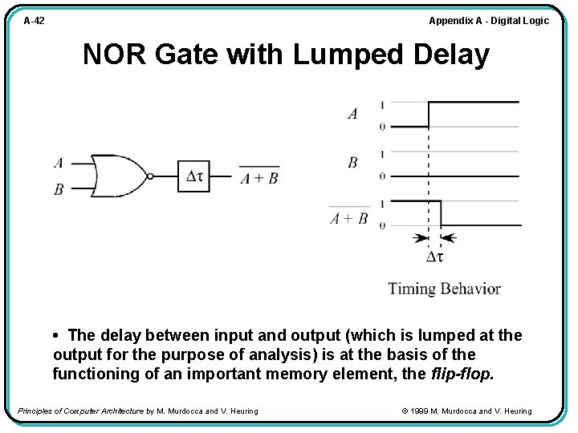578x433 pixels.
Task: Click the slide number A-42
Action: click(x=34, y=21)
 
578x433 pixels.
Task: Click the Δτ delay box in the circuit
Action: click(x=193, y=175)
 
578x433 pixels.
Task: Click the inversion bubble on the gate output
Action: click(x=149, y=176)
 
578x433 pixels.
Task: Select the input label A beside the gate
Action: click(x=59, y=163)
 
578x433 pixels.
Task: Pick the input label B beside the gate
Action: click(x=59, y=189)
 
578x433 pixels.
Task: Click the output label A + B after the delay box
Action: click(x=259, y=178)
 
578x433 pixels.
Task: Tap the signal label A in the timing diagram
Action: click(x=352, y=114)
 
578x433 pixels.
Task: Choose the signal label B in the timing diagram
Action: click(x=352, y=163)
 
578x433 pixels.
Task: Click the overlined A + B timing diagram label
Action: click(x=349, y=217)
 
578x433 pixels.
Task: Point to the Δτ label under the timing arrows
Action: click(x=434, y=257)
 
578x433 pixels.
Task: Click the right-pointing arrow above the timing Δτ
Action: click(x=419, y=238)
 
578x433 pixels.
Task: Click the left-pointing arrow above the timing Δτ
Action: click(x=449, y=238)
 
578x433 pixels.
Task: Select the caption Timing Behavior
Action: click(x=444, y=289)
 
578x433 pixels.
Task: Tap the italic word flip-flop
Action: click(x=462, y=374)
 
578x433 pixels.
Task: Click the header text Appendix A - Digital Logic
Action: click(x=489, y=21)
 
